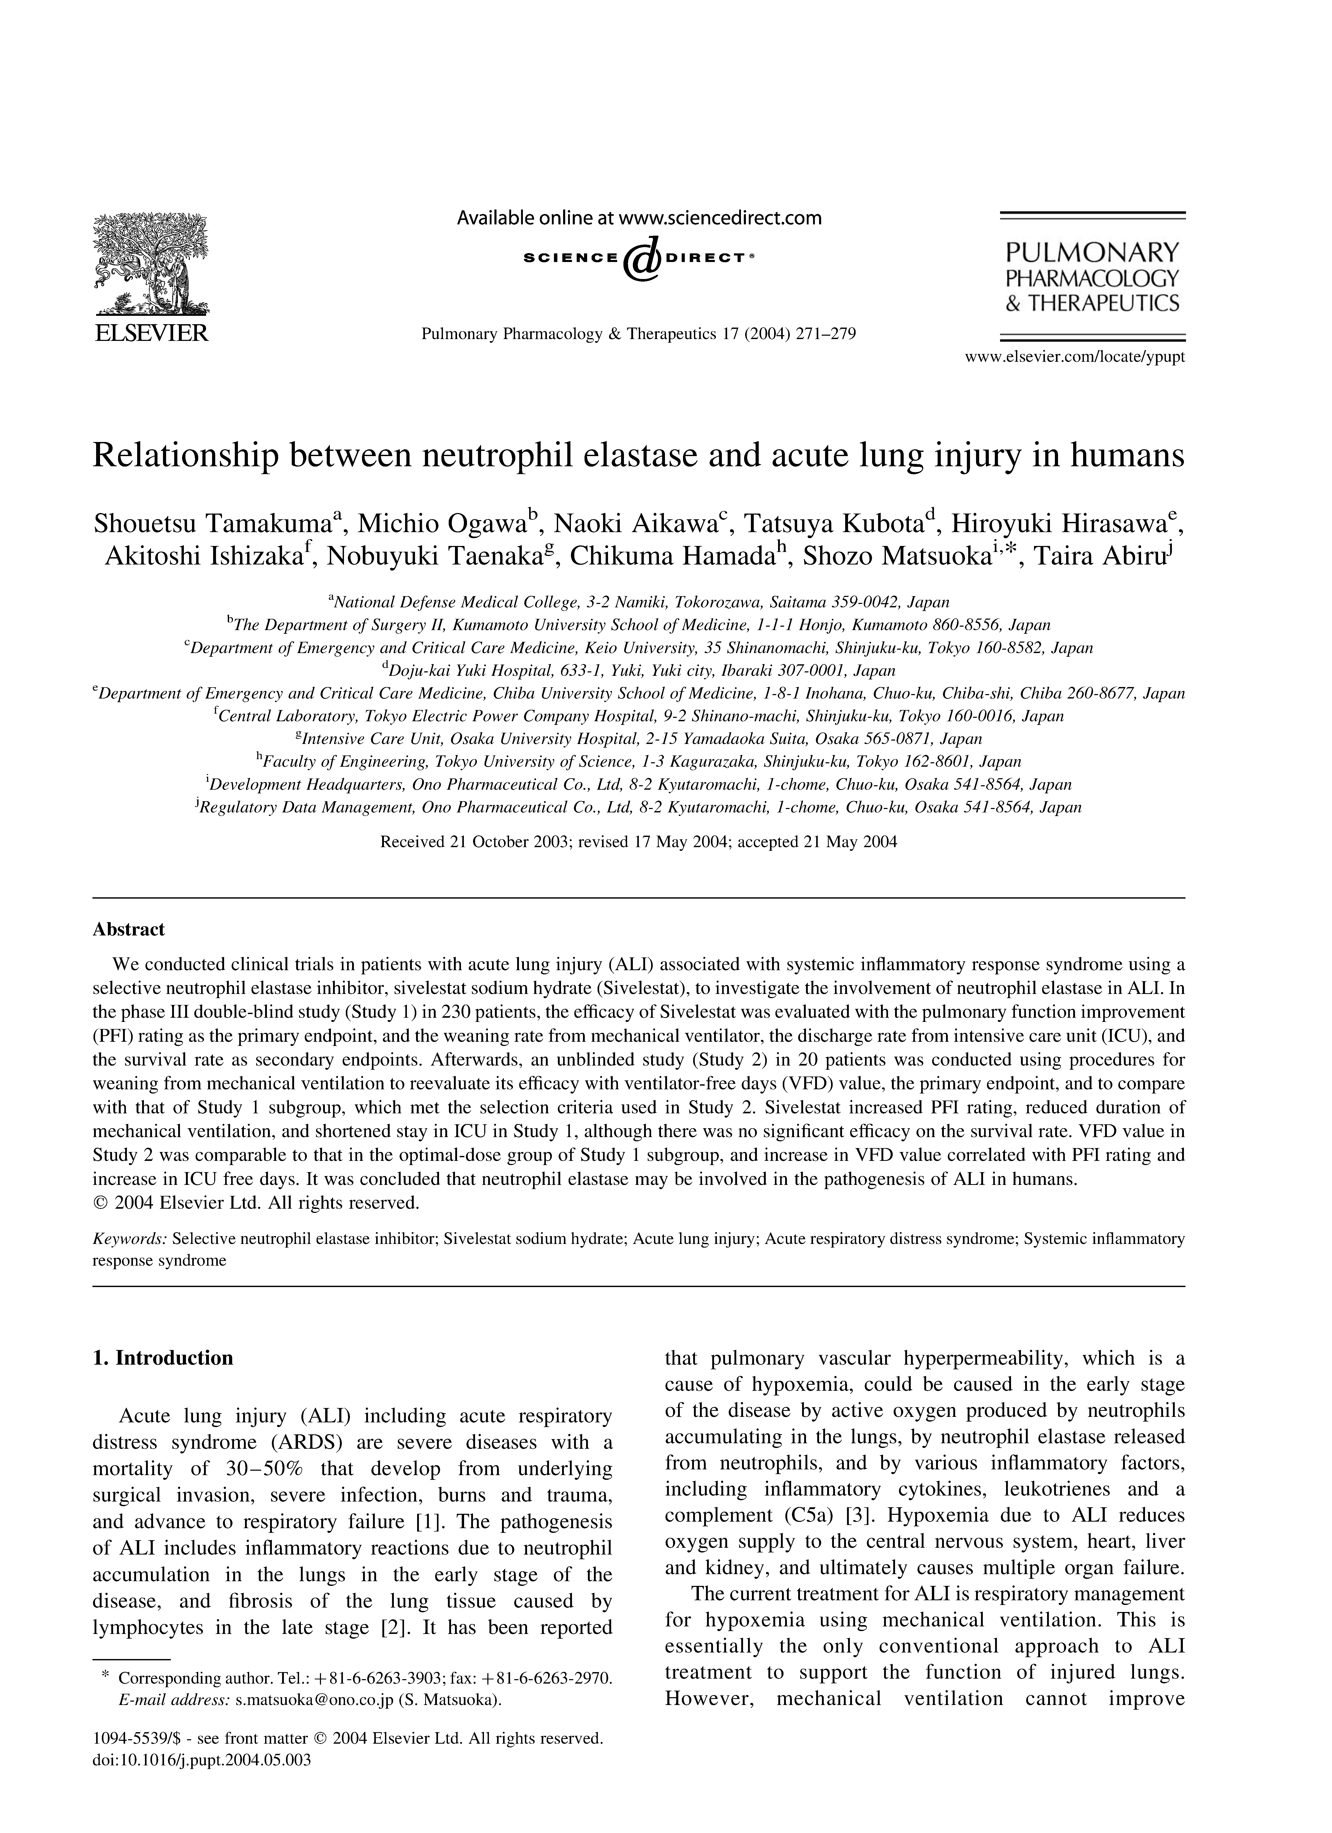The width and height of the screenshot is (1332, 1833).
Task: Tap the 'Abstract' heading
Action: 128,929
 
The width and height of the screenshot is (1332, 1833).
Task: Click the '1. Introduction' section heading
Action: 163,1358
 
